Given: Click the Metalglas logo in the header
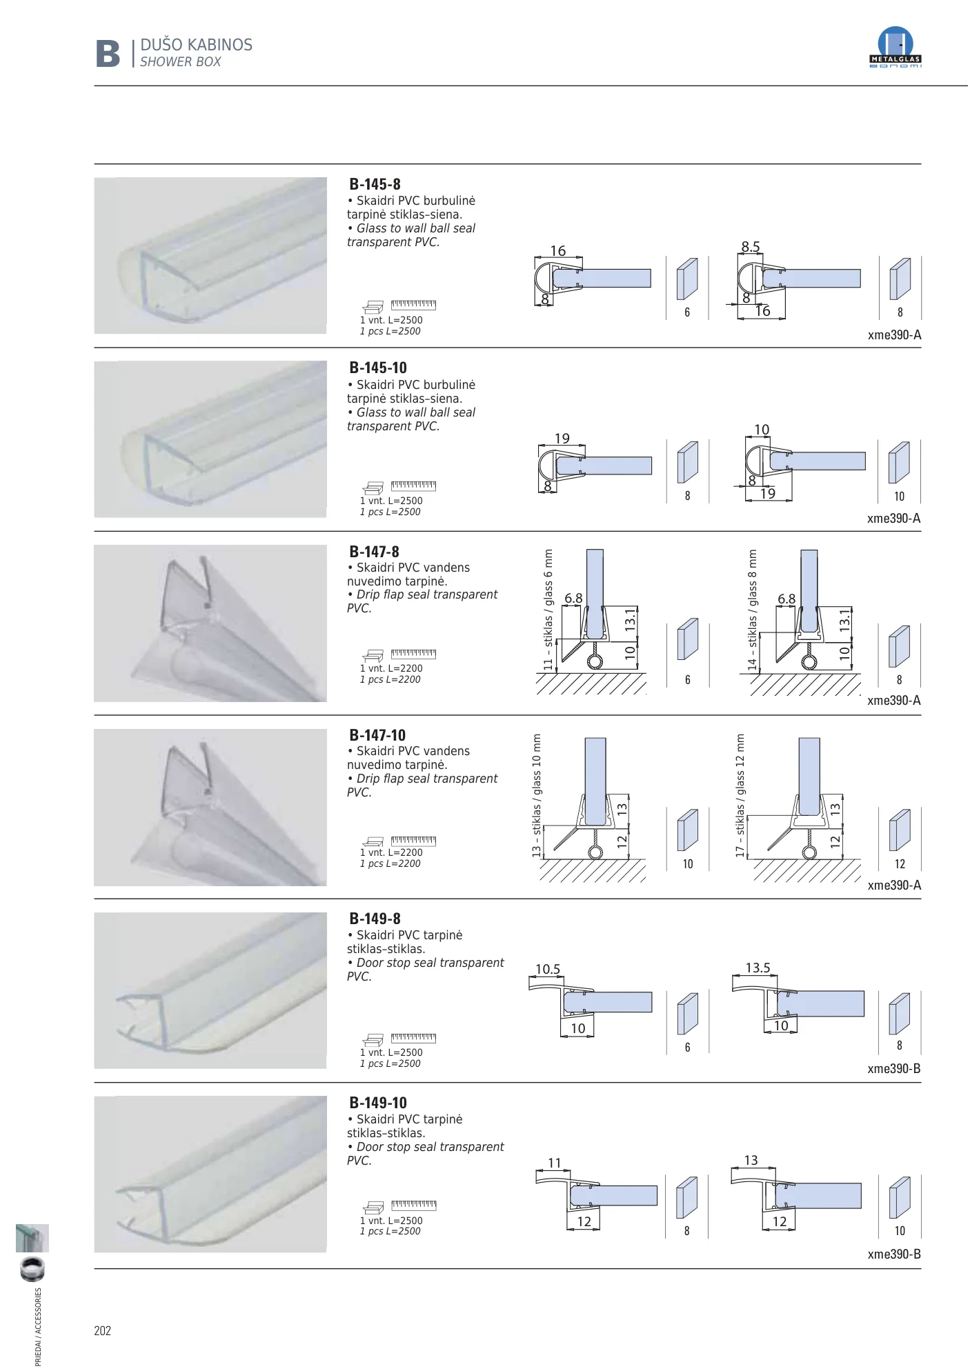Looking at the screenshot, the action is (895, 47).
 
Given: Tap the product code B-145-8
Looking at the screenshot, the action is (375, 184).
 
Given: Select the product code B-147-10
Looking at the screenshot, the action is (377, 735).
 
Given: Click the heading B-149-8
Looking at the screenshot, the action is (375, 919).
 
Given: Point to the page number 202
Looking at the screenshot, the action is (102, 1331).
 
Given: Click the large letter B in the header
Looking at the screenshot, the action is (108, 54).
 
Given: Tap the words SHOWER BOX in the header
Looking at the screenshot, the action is (180, 62).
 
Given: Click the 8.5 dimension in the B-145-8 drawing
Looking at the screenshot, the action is (751, 246).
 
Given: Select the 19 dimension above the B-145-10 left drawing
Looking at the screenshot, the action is (562, 439).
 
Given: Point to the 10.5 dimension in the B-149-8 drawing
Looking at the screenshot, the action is (548, 969).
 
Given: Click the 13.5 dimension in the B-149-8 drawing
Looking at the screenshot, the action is (758, 968).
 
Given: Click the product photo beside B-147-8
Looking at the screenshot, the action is (210, 623).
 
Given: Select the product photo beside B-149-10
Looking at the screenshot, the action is (210, 1174).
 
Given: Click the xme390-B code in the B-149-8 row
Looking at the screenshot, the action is (894, 1069).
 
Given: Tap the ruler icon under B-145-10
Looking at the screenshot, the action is (413, 486).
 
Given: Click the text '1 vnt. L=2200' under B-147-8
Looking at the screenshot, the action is (391, 668).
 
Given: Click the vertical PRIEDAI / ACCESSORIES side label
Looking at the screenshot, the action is (38, 1327).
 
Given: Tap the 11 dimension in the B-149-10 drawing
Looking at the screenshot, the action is (555, 1163).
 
